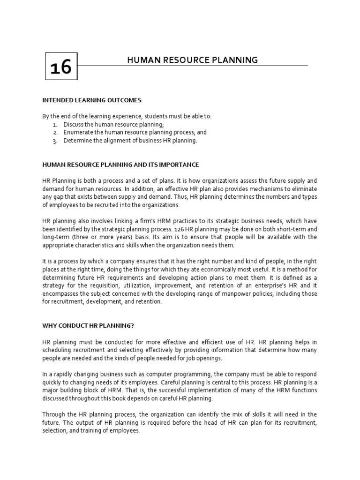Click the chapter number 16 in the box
[61, 67]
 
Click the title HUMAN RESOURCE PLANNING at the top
[193, 60]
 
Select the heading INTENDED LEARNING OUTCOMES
[92, 100]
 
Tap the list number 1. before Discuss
[55, 124]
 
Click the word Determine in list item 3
[78, 141]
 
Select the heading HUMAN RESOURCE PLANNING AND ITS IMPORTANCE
[120, 165]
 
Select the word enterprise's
[272, 285]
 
